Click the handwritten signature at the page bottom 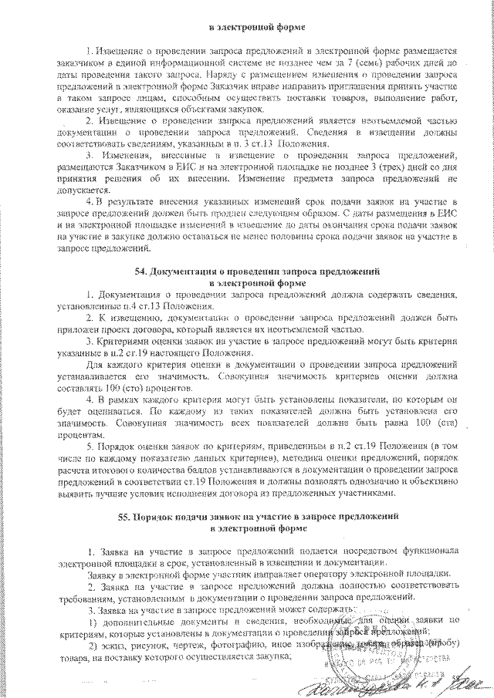tap(401, 682)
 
